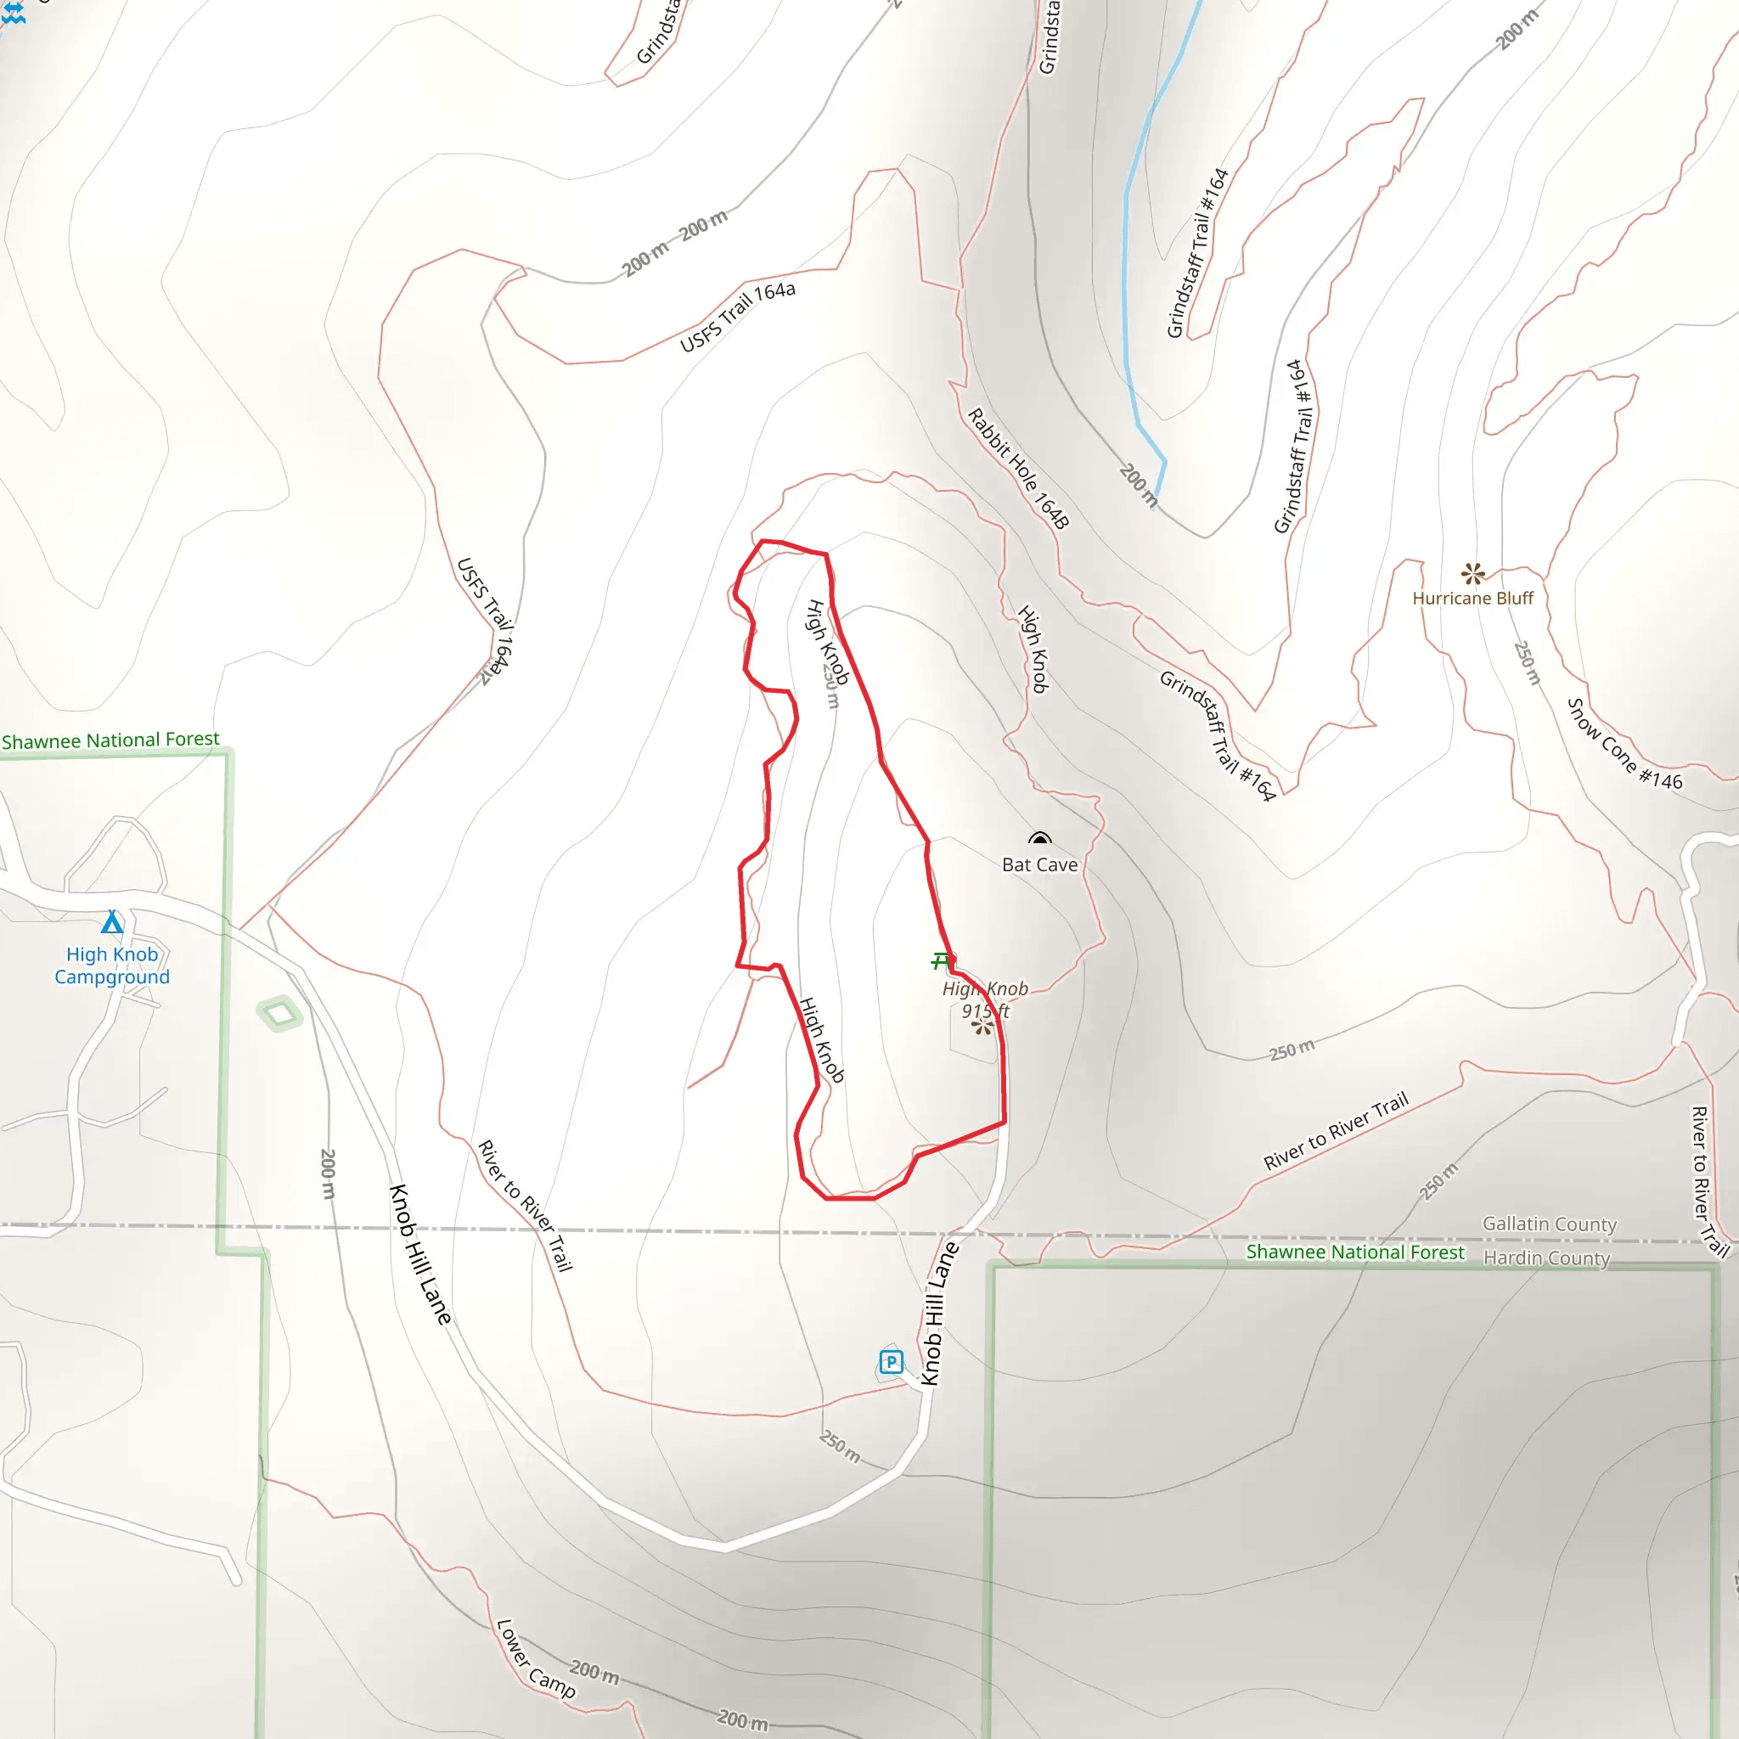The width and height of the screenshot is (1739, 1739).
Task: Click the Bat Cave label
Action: (x=1039, y=865)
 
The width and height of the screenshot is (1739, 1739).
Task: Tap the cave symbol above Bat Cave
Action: (x=1039, y=839)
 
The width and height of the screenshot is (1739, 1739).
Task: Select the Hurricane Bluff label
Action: (x=1472, y=599)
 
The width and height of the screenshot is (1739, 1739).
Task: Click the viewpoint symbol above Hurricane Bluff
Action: (x=1472, y=572)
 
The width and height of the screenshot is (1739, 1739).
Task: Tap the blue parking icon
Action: (x=890, y=1362)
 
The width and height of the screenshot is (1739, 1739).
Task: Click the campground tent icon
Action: (x=111, y=923)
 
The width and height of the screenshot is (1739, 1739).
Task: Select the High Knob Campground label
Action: (x=111, y=965)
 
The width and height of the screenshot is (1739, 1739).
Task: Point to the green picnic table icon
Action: (x=942, y=961)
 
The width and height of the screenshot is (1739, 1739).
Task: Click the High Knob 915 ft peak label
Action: (x=985, y=999)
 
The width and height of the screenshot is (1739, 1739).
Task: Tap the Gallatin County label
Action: (x=1549, y=1224)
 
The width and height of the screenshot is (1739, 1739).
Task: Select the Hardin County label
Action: (x=1546, y=1258)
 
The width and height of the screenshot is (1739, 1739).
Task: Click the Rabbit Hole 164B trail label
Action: (x=1018, y=469)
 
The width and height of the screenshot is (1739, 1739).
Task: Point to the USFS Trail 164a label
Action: (x=737, y=317)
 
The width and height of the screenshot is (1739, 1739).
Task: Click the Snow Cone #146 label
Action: (x=1624, y=746)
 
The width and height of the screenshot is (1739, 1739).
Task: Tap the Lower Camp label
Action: (x=536, y=1659)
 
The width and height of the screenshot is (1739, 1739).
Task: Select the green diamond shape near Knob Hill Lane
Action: (x=279, y=1015)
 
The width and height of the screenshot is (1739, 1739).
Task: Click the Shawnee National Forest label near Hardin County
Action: (x=1354, y=1253)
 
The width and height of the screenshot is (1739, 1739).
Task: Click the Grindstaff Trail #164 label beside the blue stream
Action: (x=1197, y=253)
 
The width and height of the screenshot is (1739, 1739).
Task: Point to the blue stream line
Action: (x=1125, y=270)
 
